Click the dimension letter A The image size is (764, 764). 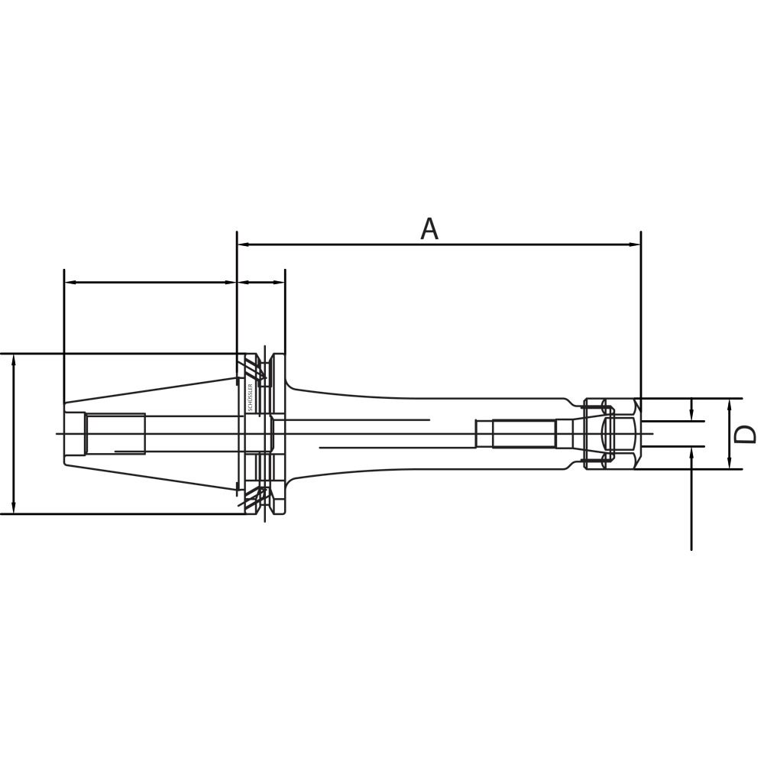tap(429, 228)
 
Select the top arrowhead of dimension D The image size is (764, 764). tap(730, 403)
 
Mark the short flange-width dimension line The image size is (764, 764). tap(261, 282)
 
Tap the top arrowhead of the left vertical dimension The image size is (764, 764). tap(15, 360)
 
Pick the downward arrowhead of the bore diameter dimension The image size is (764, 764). tap(691, 416)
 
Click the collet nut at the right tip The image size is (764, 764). tap(611, 434)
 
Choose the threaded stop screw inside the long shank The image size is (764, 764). tap(516, 434)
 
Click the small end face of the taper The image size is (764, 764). tap(63, 434)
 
